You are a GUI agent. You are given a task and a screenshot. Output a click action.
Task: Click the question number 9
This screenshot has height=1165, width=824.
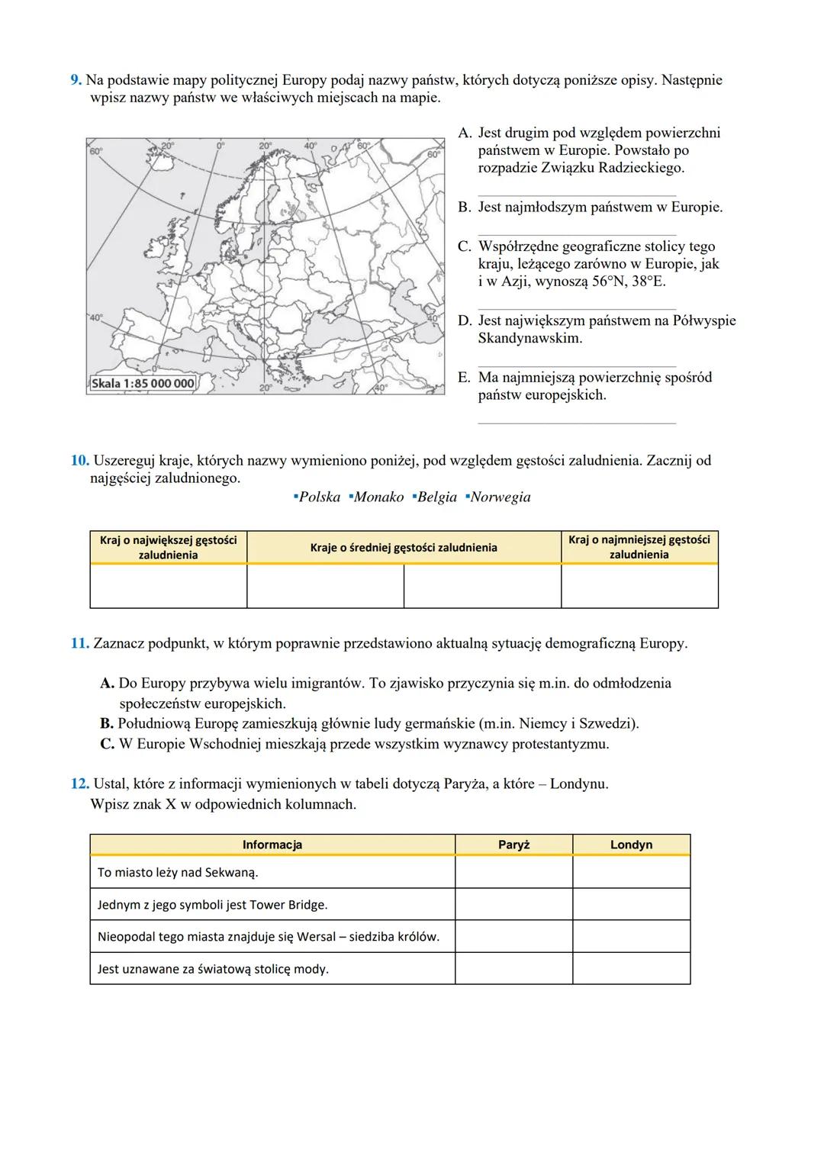[76, 80]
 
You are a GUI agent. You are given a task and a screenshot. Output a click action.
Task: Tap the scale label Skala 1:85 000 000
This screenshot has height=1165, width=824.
[143, 383]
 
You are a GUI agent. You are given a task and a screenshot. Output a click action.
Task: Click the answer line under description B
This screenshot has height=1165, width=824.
[577, 233]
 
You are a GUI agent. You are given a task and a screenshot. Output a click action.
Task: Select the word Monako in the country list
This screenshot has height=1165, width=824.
[378, 497]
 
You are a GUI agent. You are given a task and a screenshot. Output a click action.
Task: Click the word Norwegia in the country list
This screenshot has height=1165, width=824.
[500, 497]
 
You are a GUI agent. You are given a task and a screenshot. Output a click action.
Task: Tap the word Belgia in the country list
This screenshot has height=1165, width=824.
[436, 497]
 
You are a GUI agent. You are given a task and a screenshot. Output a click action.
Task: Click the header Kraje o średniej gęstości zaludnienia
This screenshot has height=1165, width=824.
[404, 548]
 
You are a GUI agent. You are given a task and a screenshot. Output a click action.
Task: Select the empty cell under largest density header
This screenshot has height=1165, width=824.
[168, 586]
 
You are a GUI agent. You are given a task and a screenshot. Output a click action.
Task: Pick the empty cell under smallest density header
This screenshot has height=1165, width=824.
[639, 586]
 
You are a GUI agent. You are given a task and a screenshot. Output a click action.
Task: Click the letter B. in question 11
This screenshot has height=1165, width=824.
[107, 723]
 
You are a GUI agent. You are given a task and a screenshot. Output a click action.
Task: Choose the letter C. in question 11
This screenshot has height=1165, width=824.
[108, 744]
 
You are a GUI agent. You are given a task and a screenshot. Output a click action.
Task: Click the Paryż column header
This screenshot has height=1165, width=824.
[513, 845]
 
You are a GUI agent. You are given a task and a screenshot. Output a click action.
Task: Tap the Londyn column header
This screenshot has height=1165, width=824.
[631, 845]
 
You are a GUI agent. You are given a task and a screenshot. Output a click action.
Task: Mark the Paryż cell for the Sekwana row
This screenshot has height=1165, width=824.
[513, 872]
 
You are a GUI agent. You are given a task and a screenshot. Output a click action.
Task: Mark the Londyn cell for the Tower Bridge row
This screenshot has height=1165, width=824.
[631, 904]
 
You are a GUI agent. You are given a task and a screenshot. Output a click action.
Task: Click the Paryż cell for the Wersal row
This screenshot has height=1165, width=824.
[513, 936]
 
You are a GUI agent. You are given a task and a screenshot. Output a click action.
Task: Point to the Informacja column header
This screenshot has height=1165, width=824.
[272, 845]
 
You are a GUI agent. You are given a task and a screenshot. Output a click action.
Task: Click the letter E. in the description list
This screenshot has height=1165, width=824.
[464, 378]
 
